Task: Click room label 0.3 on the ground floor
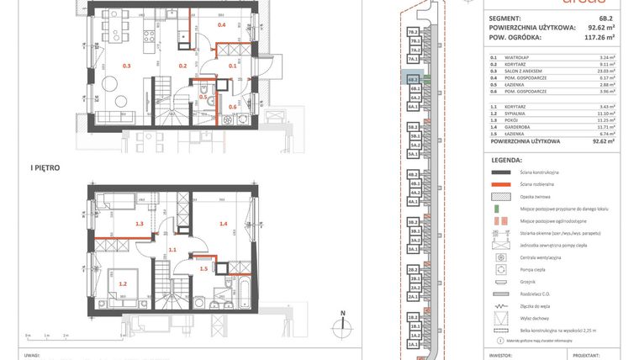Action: pos(127,66)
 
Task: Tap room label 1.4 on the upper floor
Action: pos(224,224)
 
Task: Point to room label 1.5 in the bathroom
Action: pos(203,268)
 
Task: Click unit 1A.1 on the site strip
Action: pos(413,345)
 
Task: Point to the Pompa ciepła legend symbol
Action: pos(502,270)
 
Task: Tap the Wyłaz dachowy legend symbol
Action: pos(502,319)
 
